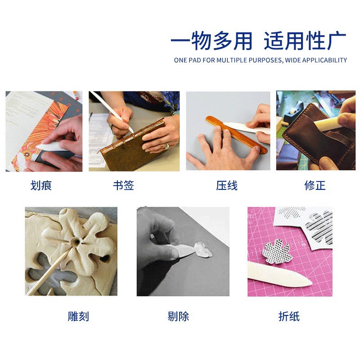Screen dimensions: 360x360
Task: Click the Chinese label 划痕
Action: [x=41, y=185]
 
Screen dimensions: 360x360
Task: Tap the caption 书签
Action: [x=123, y=185]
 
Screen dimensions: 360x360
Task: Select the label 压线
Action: [x=227, y=185]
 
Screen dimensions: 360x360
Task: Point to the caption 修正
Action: [x=315, y=185]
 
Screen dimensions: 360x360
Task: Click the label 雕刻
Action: [x=78, y=316]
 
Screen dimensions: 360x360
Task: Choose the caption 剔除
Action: [x=178, y=316]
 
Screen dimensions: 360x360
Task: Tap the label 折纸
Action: [x=289, y=316]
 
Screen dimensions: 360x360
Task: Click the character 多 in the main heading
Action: [x=222, y=41]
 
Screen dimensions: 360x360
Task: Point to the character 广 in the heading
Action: [x=337, y=41]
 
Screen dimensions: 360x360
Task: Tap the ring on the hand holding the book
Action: [x=166, y=145]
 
